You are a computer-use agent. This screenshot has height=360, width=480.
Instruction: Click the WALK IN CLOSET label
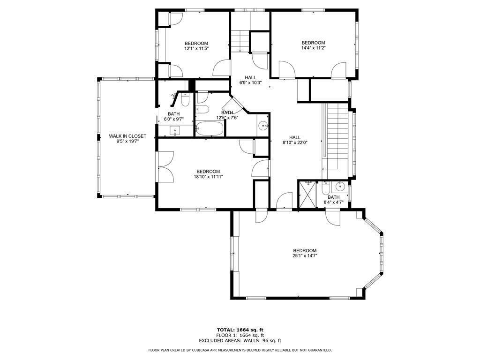pyautogui.click(x=127, y=136)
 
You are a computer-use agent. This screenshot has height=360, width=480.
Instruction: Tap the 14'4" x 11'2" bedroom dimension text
pyautogui.click(x=313, y=48)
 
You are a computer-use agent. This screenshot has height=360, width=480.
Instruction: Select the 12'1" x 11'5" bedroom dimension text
pyautogui.click(x=196, y=48)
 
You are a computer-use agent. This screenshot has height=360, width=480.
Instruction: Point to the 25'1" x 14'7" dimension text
pyautogui.click(x=305, y=256)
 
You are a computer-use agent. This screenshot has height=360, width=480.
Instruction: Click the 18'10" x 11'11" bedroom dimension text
pyautogui.click(x=208, y=177)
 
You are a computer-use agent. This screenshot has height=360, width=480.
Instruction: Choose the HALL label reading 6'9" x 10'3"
pyautogui.click(x=250, y=83)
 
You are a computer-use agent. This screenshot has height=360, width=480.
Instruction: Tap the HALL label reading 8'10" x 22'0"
pyautogui.click(x=294, y=143)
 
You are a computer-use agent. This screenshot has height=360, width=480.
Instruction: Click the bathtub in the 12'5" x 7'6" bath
pyautogui.click(x=210, y=129)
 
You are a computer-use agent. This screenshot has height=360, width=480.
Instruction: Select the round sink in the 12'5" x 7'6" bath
pyautogui.click(x=263, y=126)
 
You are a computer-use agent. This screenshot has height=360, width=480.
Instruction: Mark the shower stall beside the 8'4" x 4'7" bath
pyautogui.click(x=307, y=193)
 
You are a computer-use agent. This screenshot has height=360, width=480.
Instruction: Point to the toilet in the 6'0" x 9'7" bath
pyautogui.click(x=185, y=100)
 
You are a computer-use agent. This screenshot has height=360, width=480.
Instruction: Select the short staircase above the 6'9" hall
pyautogui.click(x=240, y=40)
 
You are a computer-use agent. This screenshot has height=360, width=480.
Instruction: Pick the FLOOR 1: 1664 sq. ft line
pyautogui.click(x=240, y=335)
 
